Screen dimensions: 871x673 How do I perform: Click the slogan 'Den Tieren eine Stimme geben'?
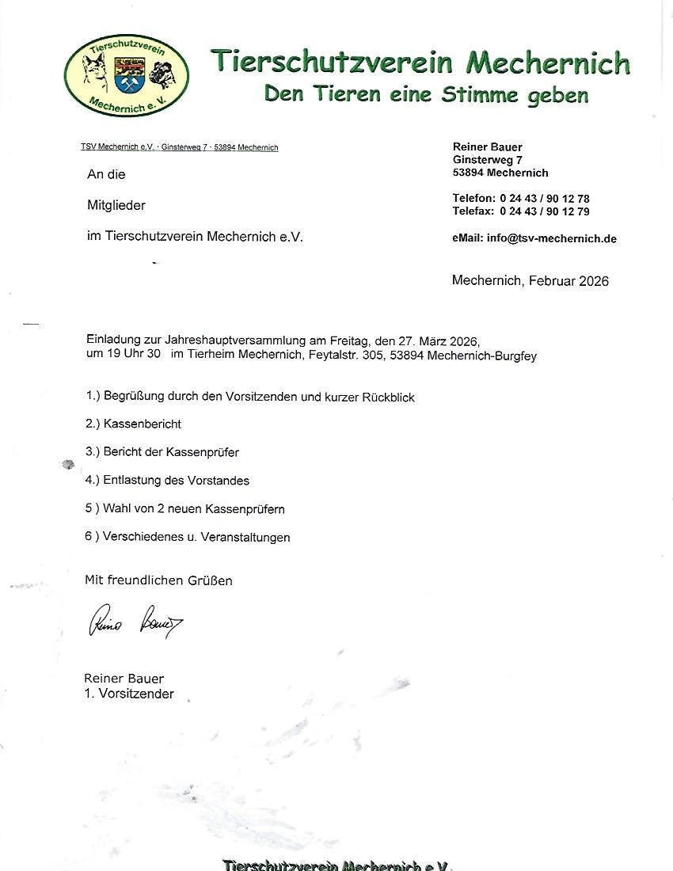pos(426,95)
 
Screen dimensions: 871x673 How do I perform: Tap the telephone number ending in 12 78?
pos(545,198)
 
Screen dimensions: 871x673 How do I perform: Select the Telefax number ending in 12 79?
pos(545,211)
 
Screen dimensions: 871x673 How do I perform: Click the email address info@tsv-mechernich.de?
pos(552,238)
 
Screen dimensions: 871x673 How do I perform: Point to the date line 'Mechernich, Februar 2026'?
pos(530,280)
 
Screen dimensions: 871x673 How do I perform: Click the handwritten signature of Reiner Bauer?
pos(135,619)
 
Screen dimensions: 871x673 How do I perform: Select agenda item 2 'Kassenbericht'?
pos(142,424)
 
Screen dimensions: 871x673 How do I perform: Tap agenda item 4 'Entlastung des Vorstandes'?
pos(176,481)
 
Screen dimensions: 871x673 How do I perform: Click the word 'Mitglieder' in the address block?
pos(116,205)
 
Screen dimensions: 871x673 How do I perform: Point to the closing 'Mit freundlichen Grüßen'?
pos(158,580)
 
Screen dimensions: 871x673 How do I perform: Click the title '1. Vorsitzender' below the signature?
pos(129,694)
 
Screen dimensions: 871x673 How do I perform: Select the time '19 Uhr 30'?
pos(134,355)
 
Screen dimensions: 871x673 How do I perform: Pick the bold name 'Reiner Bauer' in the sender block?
pos(487,146)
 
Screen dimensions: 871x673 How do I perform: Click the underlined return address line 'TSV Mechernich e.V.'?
pos(117,147)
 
